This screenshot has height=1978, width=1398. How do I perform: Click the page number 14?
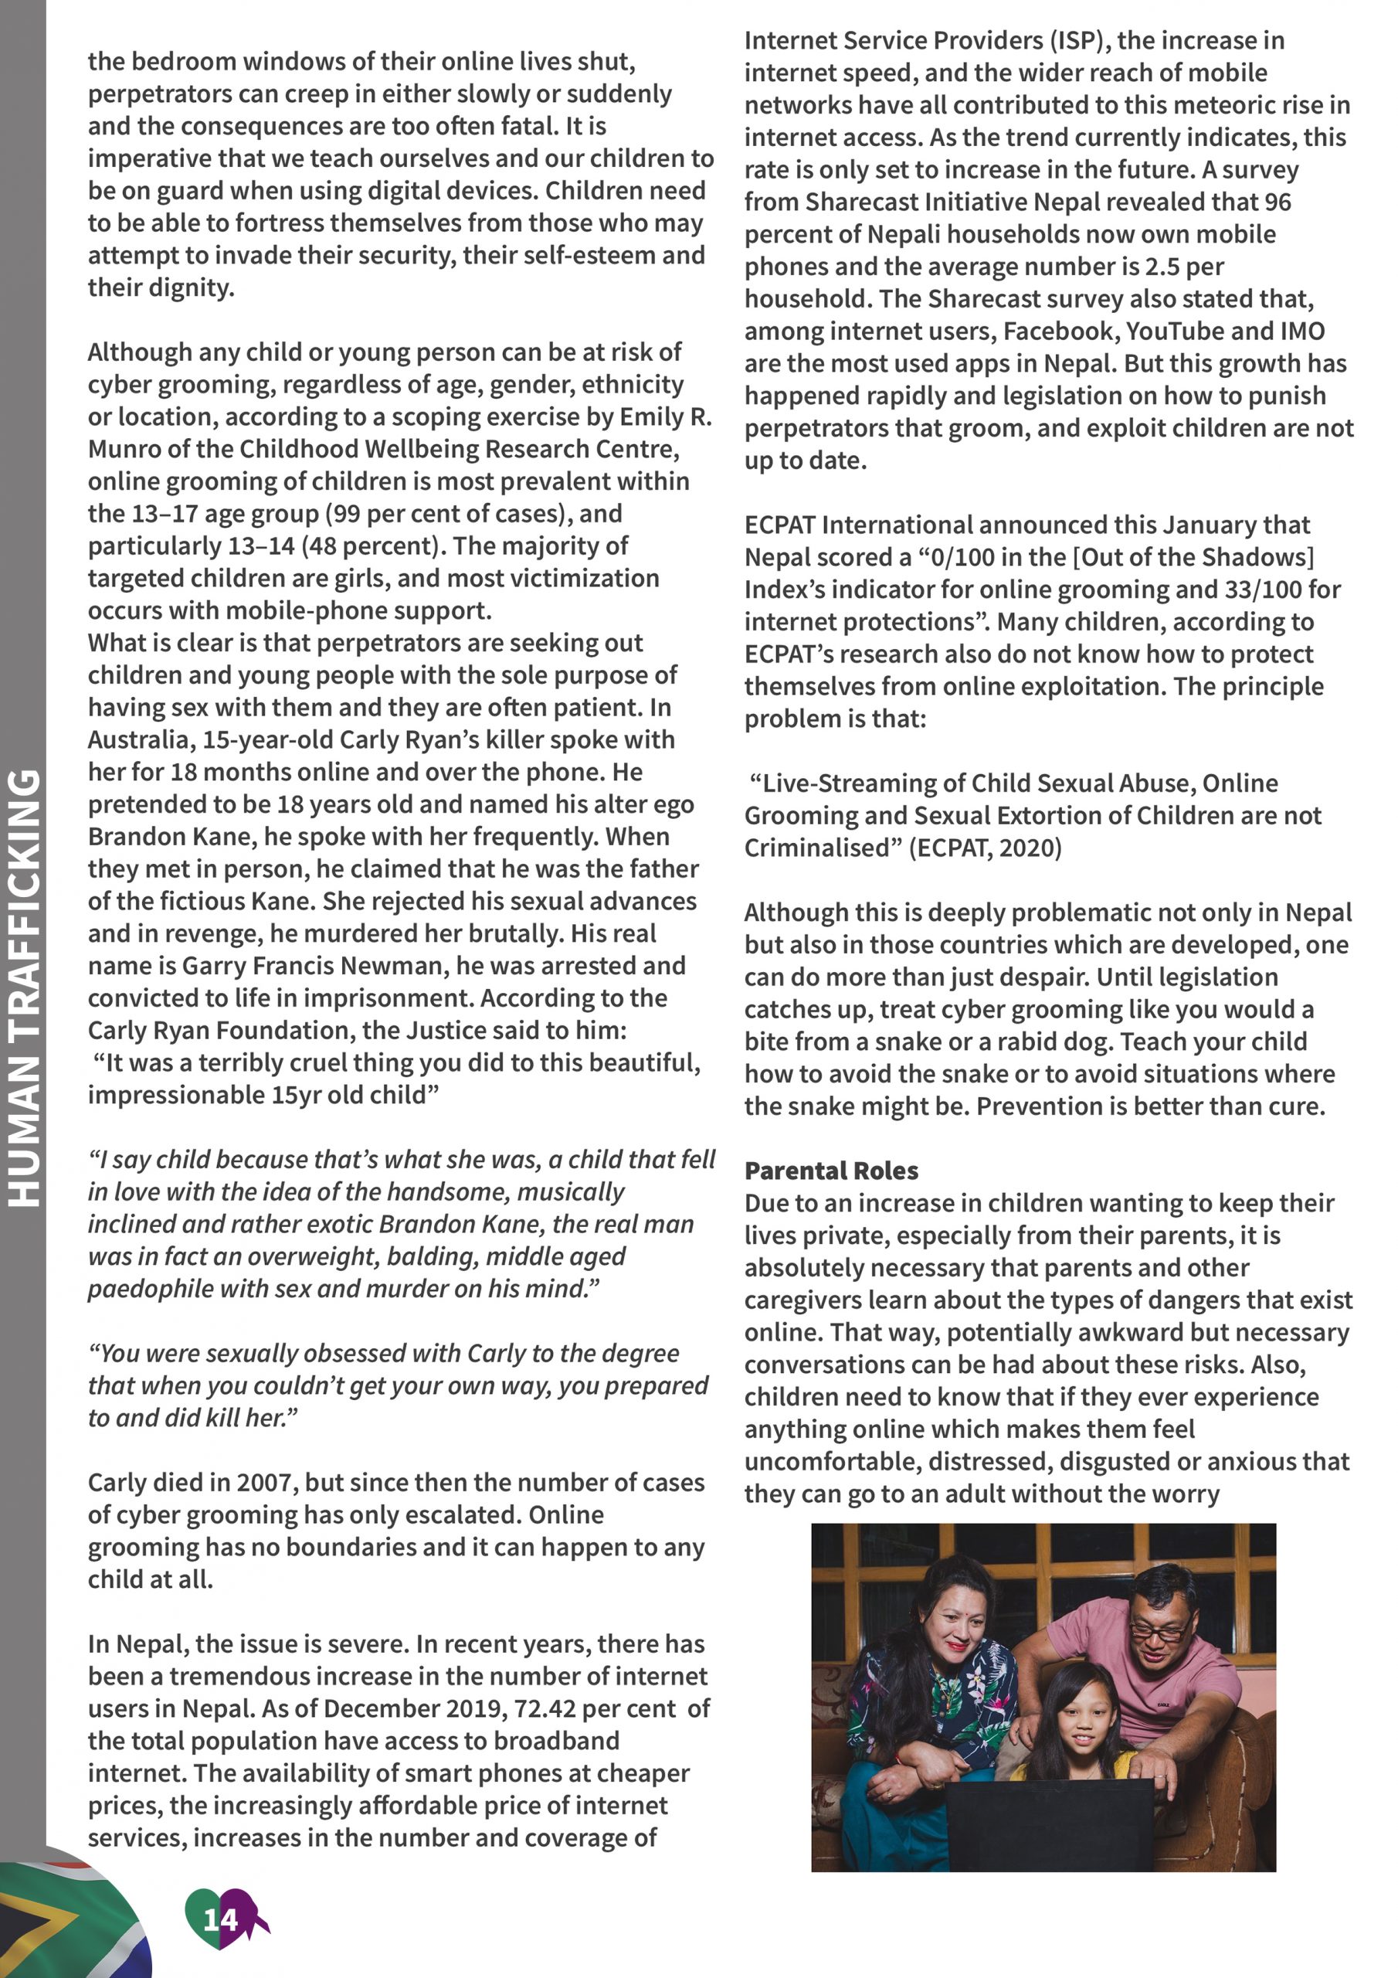(219, 1919)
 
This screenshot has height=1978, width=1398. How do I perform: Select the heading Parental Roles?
(831, 1171)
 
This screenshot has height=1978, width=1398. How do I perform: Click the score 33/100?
(1259, 590)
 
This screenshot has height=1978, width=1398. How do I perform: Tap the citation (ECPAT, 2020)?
(986, 848)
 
